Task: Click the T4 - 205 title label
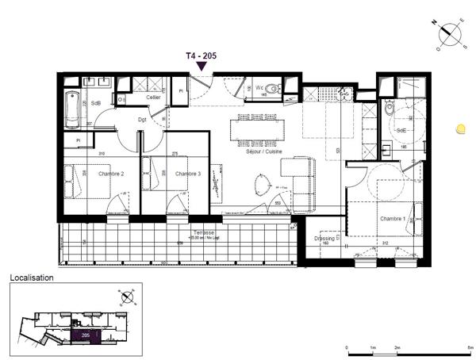(201, 56)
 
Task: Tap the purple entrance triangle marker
(202, 67)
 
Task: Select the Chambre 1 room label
(392, 219)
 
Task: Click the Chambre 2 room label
(110, 174)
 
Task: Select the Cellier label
(153, 97)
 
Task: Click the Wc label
(259, 87)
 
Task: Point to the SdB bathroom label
(96, 103)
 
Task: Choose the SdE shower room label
(401, 129)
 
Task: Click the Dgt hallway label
(143, 119)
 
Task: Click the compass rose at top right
(452, 35)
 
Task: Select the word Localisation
(31, 278)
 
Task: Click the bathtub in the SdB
(73, 109)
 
